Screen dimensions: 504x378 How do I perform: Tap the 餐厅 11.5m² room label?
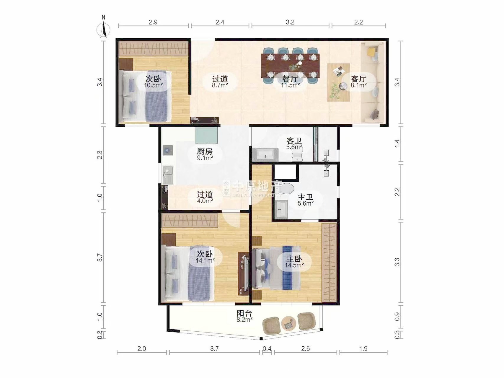pos(290,82)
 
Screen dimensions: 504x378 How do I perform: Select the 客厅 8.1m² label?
pos(359,82)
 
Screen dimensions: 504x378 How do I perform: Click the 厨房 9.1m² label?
pos(205,154)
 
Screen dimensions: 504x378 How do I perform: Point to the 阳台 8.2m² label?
pos(244,316)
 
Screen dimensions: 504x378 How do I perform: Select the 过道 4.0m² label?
pos(205,198)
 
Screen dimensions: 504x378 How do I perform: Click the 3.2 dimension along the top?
pos(290,22)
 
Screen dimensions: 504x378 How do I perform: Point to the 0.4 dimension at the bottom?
pos(267,349)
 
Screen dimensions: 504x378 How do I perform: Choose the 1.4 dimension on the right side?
pos(397,144)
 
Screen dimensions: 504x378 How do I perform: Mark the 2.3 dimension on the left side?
pos(100,155)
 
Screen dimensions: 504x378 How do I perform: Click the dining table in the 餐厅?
pos(291,66)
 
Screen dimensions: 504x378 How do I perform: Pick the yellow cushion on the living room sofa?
pos(371,52)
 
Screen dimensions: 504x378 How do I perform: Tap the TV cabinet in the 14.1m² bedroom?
pos(243,273)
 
